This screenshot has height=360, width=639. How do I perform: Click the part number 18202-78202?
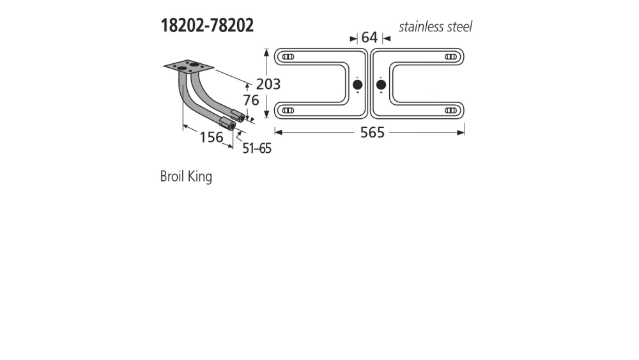206,26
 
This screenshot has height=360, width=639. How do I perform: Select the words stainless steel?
436,27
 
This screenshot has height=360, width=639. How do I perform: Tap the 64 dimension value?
369,38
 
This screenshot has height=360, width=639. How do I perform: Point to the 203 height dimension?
268,84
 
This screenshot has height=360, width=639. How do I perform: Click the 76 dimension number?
250,100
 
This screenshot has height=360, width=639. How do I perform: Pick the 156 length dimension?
211,137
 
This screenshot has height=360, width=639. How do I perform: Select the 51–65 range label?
257,148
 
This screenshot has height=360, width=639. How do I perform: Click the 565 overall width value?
372,132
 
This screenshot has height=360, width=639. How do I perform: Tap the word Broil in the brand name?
172,176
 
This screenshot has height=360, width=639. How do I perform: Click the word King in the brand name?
200,177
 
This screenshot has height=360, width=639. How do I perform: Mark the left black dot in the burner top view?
357,84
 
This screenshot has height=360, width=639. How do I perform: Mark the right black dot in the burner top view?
381,84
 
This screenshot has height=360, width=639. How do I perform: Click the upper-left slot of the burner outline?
288,57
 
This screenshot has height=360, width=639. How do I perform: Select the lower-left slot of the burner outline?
288,111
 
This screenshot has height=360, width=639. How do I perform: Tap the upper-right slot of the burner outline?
450,57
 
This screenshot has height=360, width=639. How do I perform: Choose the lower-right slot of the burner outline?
450,111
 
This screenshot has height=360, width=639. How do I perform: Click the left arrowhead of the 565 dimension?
278,132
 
